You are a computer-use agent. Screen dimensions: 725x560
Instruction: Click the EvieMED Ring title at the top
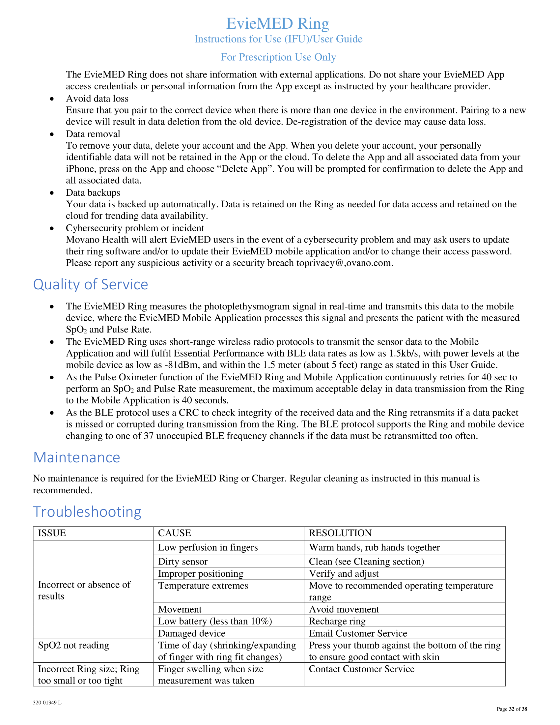[x=277, y=24]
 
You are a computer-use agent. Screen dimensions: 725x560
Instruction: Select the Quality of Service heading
[x=91, y=284]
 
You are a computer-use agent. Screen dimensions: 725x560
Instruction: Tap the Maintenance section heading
[x=77, y=457]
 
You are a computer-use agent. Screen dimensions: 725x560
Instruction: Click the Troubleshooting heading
[x=87, y=512]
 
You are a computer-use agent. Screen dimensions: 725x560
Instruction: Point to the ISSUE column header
[x=52, y=533]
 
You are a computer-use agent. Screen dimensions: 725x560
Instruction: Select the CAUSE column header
[x=175, y=533]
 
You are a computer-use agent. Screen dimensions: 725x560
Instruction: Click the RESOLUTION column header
[x=340, y=533]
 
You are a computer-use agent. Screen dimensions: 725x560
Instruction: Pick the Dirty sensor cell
[x=183, y=561]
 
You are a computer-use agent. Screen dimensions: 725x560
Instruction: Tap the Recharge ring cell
[x=337, y=621]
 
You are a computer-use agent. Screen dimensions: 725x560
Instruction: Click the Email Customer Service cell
[x=358, y=633]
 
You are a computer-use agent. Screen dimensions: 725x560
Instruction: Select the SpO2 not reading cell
[x=74, y=645]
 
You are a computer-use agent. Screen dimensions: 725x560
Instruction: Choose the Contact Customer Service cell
[x=362, y=669]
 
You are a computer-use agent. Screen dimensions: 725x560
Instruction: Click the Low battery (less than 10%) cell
[x=215, y=621]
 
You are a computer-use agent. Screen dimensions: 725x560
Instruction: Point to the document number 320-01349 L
[x=47, y=703]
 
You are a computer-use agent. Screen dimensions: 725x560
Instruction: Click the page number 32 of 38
[x=512, y=709]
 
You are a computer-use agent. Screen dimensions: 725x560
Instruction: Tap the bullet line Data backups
[x=93, y=192]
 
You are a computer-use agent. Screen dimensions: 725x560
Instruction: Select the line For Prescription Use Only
[x=278, y=57]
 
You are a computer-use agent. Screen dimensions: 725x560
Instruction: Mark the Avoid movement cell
[x=344, y=609]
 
